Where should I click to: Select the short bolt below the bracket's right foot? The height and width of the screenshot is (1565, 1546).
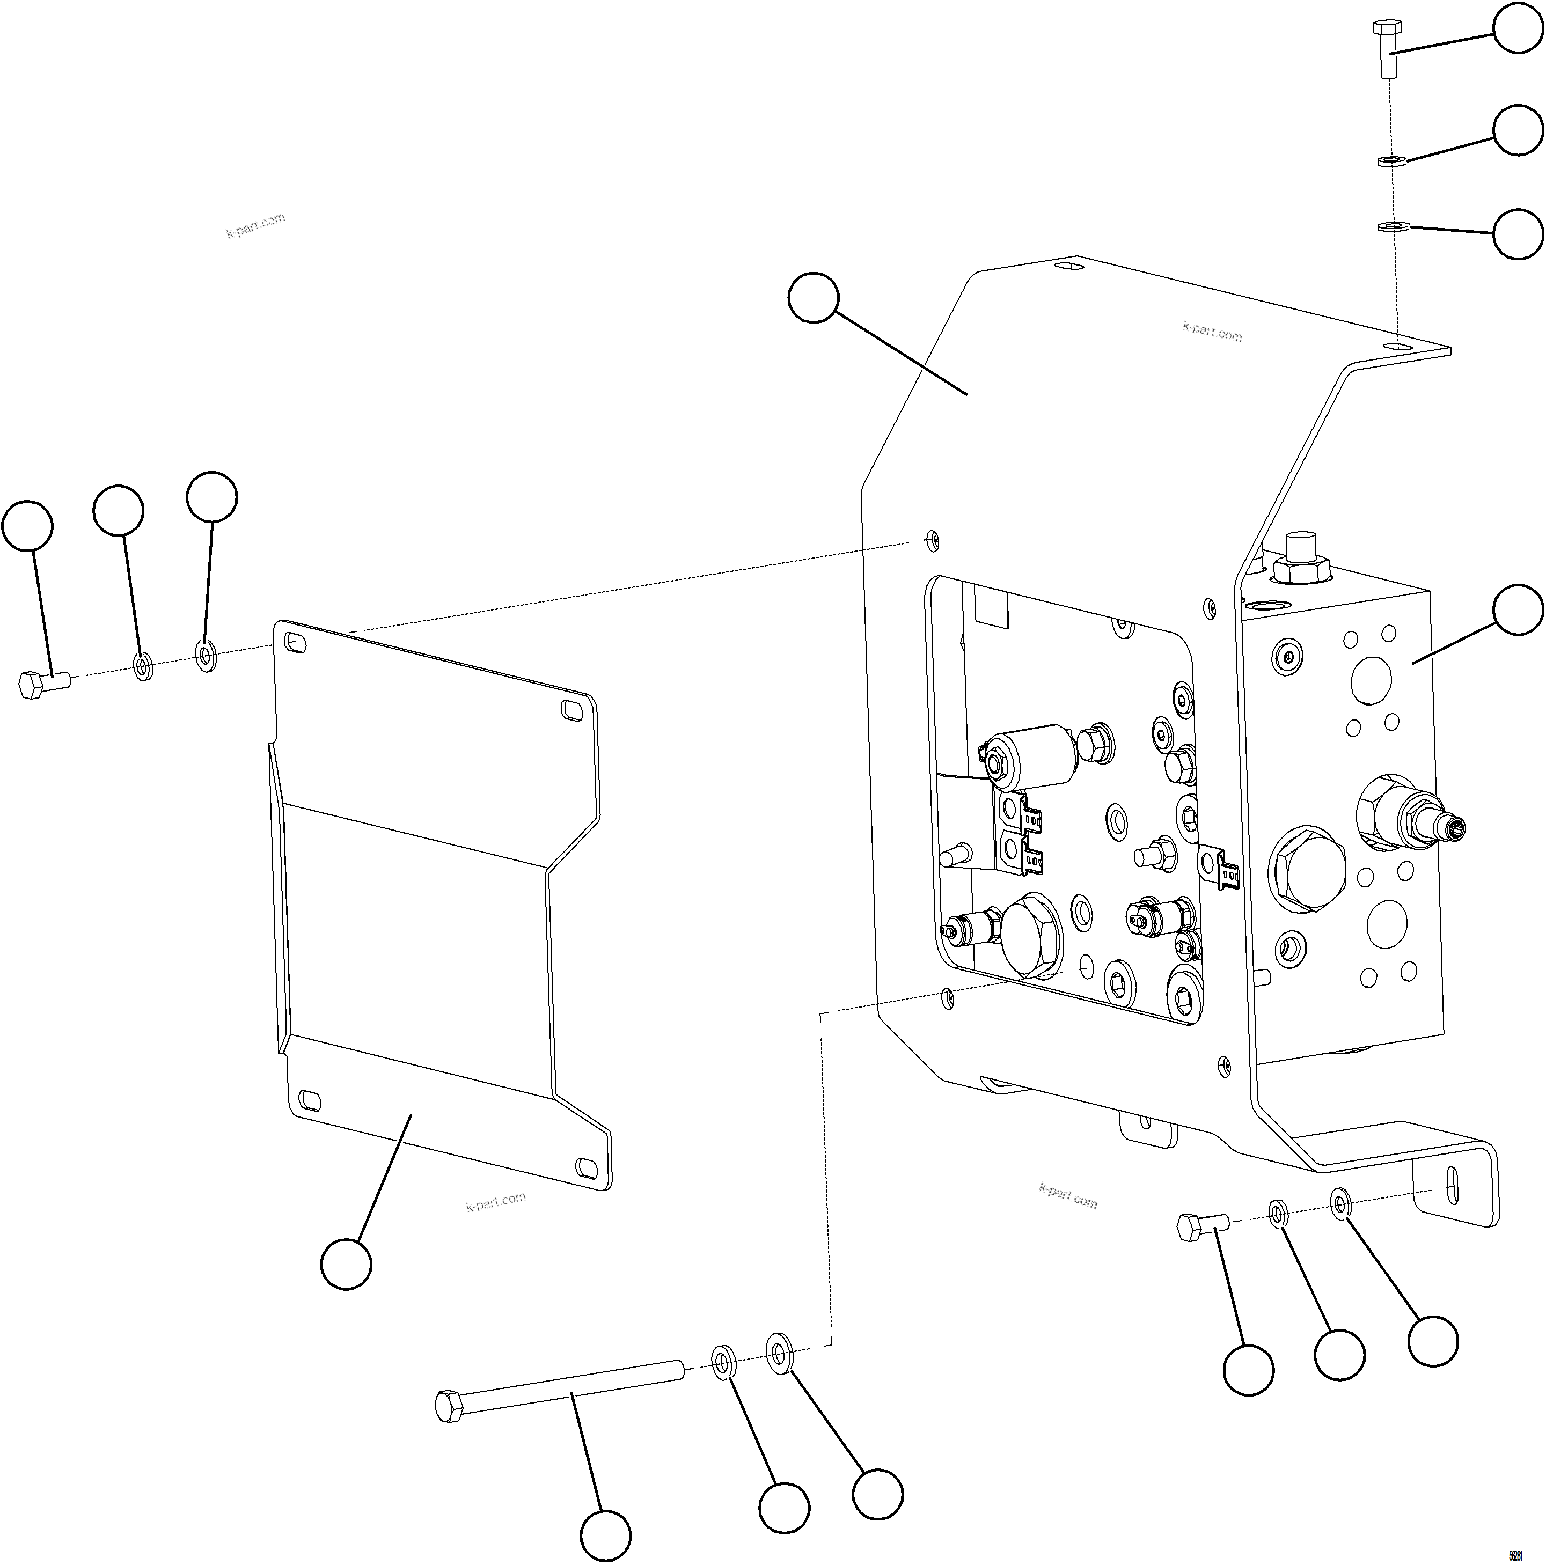(1201, 1227)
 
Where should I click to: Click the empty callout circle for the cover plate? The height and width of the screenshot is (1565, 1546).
(346, 1263)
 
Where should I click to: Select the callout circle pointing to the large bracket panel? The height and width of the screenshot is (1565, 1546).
(812, 297)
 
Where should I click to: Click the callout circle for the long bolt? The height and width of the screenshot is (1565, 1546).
(605, 1535)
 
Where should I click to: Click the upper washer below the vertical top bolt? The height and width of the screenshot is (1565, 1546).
(1391, 160)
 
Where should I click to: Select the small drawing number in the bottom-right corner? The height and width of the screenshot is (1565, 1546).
(1514, 1555)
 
